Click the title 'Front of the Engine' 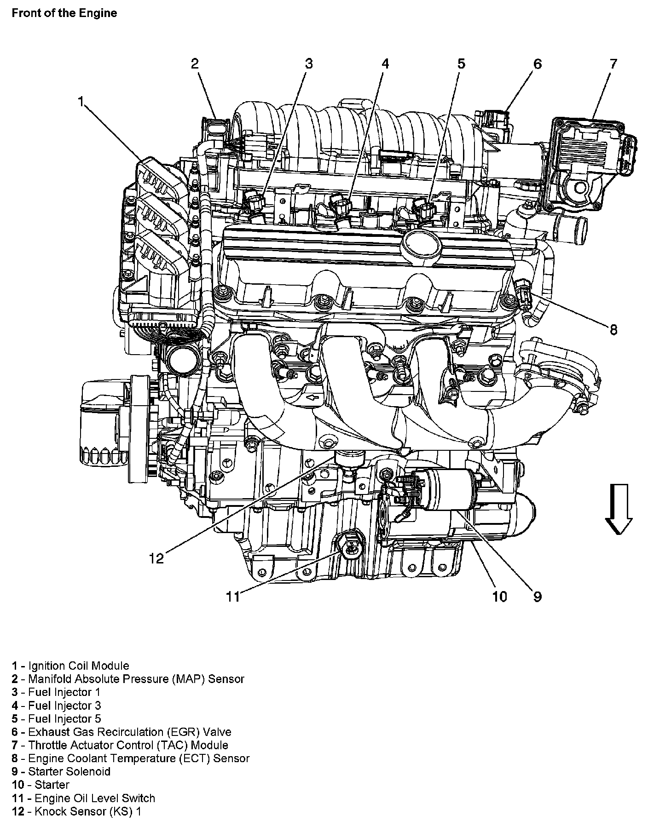coord(64,13)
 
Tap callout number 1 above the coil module coord(81,102)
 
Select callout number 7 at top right coord(613,64)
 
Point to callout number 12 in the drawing coord(156,558)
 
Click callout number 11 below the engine coord(233,597)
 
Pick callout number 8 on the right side coord(613,329)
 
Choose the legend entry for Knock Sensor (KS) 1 coord(76,811)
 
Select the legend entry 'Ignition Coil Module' coord(70,666)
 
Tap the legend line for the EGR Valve coord(121,732)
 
